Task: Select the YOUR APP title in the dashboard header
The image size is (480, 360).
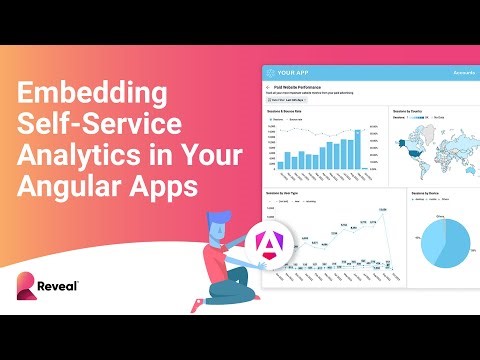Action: (x=301, y=73)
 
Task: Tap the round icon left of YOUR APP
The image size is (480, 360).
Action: (x=272, y=73)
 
